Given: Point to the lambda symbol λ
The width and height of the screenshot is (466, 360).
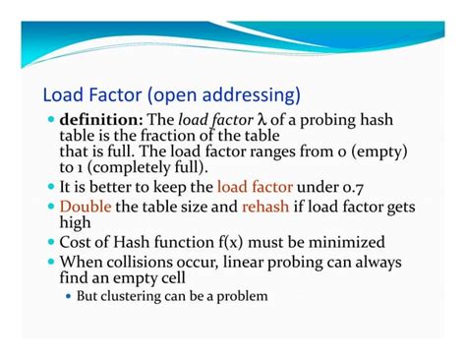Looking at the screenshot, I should [261, 121].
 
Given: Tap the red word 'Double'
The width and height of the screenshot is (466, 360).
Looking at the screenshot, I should [86, 207].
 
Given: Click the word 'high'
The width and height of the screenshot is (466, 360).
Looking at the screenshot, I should [79, 222].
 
